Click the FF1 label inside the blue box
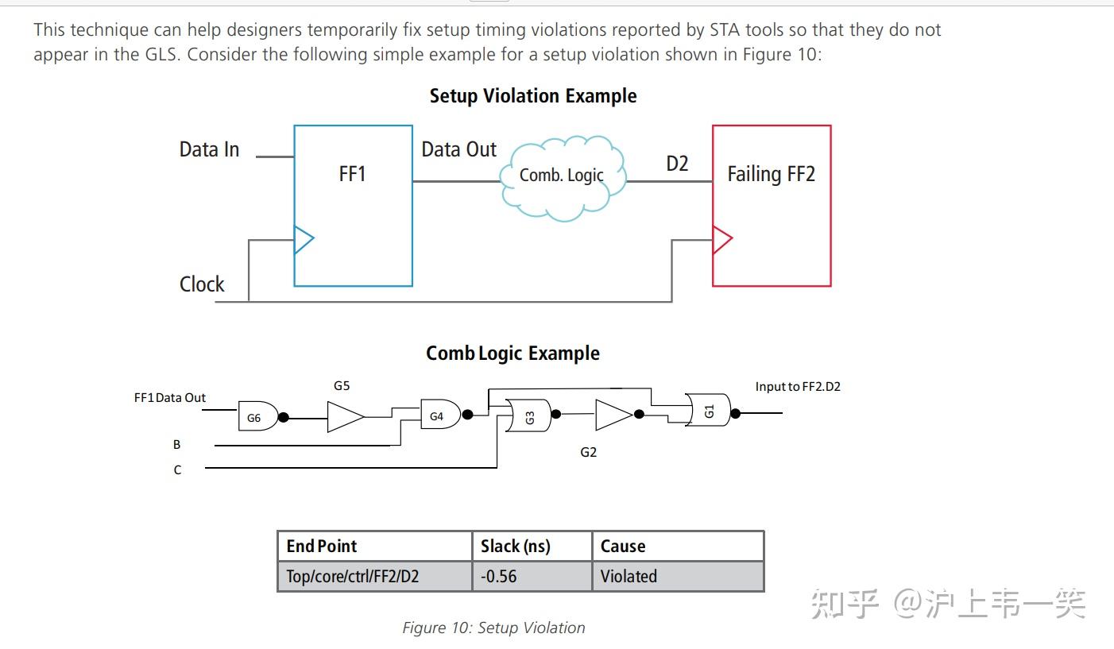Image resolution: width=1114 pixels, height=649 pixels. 352,174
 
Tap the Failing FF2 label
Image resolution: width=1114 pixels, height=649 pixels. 771,174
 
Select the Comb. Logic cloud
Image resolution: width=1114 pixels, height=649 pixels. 563,178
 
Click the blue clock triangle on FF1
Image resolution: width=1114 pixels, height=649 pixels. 304,240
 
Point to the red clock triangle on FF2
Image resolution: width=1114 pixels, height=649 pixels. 722,240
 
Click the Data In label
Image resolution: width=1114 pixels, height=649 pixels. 210,149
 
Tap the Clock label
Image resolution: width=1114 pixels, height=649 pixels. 201,284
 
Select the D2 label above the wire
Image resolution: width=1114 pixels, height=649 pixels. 677,164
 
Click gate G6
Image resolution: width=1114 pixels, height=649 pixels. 258,416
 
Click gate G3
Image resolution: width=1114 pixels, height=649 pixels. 528,415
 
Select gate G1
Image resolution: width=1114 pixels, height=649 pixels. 708,410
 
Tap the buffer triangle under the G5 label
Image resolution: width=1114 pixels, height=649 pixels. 346,417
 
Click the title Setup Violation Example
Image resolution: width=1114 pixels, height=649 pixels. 533,96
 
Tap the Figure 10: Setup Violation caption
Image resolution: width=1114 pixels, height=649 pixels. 493,628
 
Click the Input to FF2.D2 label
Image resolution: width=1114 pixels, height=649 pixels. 798,386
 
